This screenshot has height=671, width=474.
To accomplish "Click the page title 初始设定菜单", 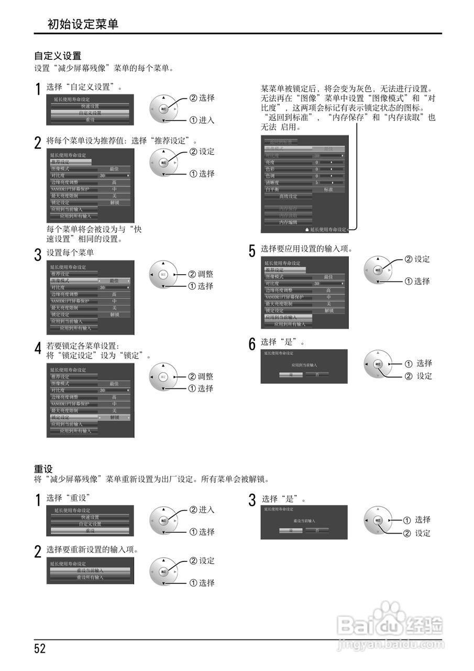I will click(83, 24).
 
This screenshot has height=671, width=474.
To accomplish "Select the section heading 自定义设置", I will click(58, 56).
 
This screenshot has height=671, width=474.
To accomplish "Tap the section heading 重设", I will click(43, 468).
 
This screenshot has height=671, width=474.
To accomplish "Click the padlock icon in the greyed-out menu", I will click(307, 230).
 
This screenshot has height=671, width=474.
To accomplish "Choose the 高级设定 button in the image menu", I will click(288, 196).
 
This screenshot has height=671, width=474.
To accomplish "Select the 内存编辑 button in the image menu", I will click(288, 222).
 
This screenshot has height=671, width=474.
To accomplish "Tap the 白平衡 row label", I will click(273, 189).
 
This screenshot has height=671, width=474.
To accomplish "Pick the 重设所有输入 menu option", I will click(90, 577).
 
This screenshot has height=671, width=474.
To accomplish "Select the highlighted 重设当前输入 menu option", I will click(90, 570).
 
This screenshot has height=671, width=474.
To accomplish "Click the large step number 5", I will click(252, 251).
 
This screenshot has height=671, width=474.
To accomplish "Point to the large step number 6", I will click(252, 344).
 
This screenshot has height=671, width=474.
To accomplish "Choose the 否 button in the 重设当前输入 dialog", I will click(317, 530).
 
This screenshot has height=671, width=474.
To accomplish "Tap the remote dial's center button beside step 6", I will click(378, 363).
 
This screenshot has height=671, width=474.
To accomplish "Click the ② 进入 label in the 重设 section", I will click(202, 510).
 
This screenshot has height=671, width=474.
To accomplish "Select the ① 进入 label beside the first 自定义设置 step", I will click(202, 120).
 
